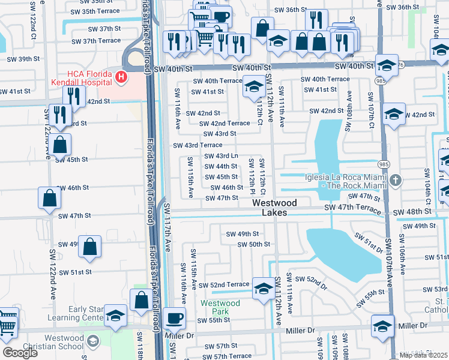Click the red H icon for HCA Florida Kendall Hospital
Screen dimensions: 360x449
tap(121, 77)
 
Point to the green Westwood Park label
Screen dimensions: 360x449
tap(220, 307)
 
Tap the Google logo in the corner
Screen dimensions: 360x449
tap(19, 353)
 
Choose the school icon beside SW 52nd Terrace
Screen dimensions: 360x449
tap(263, 287)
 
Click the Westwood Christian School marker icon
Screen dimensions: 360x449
tap(92, 341)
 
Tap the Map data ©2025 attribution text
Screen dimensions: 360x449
tap(424, 355)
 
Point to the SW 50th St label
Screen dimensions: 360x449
tap(254, 244)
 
